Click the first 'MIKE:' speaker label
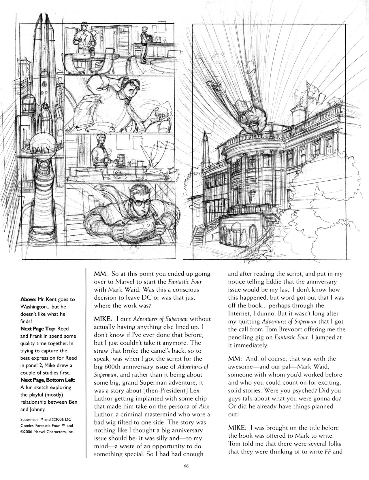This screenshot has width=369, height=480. [x=103, y=319]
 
